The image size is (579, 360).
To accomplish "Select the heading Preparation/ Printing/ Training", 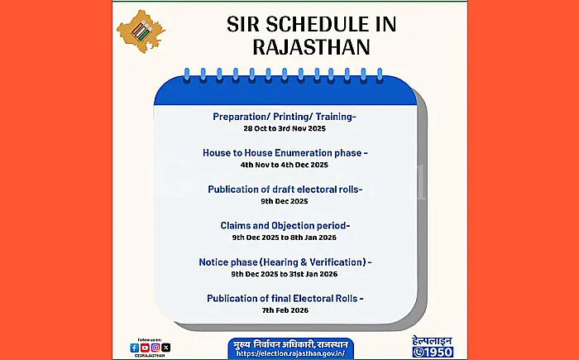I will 284,117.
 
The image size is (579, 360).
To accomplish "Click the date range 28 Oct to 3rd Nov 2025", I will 284,129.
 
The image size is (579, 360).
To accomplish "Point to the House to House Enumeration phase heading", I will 285,153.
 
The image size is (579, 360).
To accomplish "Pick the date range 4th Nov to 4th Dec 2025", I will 284,166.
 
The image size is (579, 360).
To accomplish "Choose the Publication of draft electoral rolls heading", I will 285,189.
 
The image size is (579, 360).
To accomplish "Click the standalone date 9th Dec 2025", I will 284,201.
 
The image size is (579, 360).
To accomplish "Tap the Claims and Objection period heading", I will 285,225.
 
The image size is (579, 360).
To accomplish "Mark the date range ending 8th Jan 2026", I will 284,238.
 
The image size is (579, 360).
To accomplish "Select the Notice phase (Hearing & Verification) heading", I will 285,262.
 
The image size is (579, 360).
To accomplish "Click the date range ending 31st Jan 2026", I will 284,274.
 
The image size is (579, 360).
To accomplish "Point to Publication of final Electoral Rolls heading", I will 285,297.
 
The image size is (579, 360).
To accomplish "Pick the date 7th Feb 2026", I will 284,310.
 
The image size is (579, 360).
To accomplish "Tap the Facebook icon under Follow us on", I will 135,348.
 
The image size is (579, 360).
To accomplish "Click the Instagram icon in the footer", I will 156,348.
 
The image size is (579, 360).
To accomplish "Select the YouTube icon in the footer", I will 145,348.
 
